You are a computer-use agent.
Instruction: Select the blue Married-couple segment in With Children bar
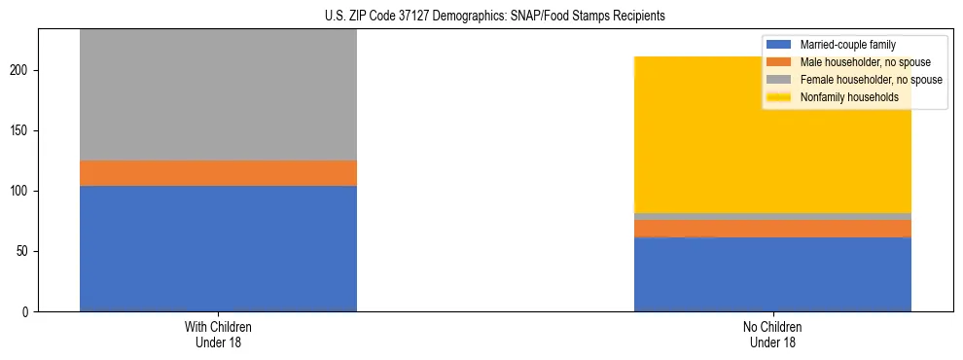click(218, 248)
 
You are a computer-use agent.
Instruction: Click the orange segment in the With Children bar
click(218, 173)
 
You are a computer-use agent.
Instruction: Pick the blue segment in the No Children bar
click(772, 274)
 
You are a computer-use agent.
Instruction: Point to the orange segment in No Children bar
click(772, 228)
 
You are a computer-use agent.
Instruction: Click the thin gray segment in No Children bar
click(772, 216)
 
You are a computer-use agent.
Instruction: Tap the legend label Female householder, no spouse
click(871, 80)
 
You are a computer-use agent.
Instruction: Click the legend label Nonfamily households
click(849, 97)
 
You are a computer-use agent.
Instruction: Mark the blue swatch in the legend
click(780, 45)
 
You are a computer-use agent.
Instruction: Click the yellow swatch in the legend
click(780, 97)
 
